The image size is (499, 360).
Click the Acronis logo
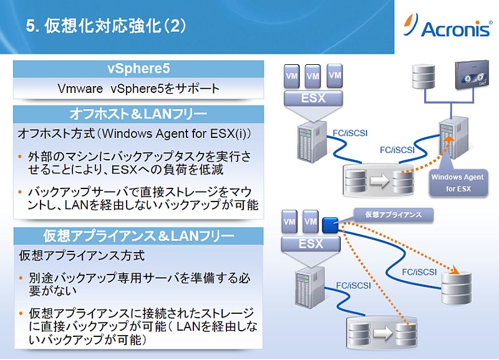pyautogui.click(x=447, y=26)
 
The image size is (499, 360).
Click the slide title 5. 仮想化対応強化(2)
pyautogui.click(x=106, y=26)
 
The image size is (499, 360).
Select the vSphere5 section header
pyautogui.click(x=138, y=69)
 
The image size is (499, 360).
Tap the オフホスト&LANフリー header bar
pyautogui.click(x=138, y=114)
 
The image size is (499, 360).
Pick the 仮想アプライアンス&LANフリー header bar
pyautogui.click(x=138, y=236)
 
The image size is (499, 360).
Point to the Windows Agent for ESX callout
pyautogui.click(x=458, y=183)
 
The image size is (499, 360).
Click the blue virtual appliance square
pyautogui.click(x=330, y=225)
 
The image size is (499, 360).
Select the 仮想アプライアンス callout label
pyautogui.click(x=394, y=215)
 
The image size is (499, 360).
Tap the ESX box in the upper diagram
pyautogui.click(x=313, y=99)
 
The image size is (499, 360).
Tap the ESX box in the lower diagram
pyautogui.click(x=311, y=244)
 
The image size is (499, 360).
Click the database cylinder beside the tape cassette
pyautogui.click(x=424, y=76)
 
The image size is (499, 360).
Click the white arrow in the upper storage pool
pyautogui.click(x=379, y=180)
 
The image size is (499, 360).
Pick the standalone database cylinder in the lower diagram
pyautogui.click(x=456, y=288)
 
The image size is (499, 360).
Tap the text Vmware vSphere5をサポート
pyautogui.click(x=138, y=89)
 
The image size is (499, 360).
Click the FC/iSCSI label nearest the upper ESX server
pyautogui.click(x=350, y=133)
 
